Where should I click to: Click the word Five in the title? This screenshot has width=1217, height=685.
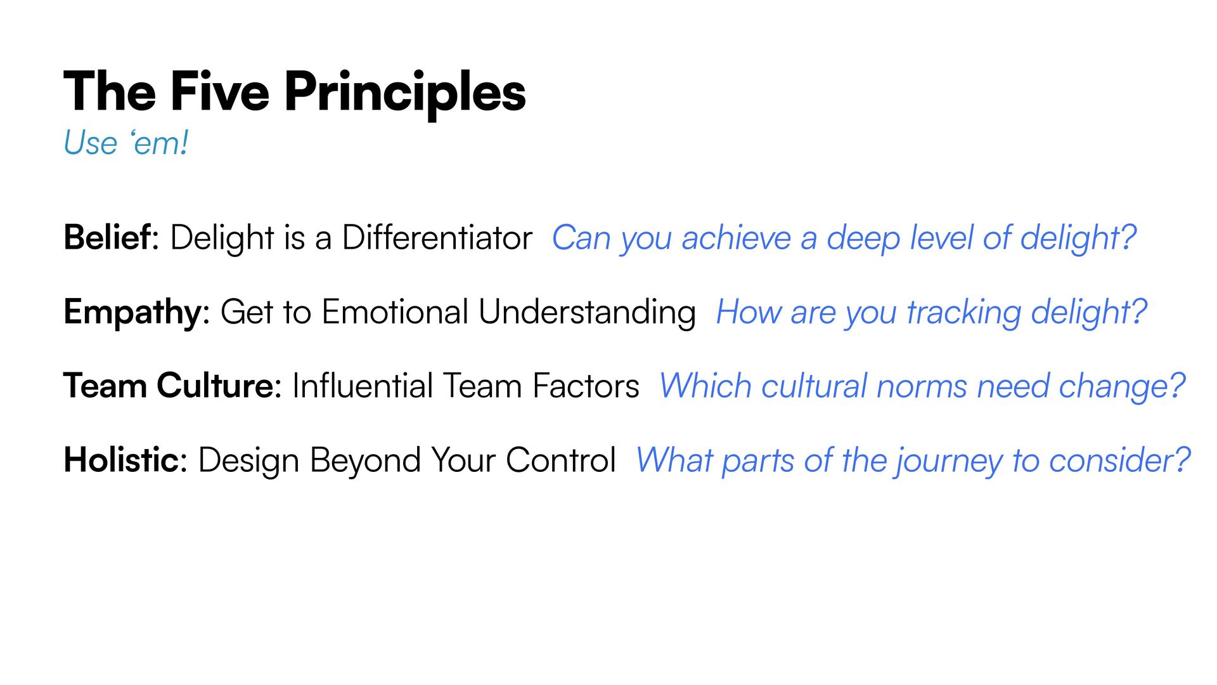[220, 92]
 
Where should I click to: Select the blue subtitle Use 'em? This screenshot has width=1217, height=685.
[126, 143]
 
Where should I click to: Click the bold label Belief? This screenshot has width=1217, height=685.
[108, 237]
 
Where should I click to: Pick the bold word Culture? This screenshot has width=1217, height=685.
[216, 386]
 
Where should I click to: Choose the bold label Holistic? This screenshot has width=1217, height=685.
[122, 460]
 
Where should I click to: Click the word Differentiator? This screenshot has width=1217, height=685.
[437, 238]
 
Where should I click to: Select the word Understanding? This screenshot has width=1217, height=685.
[587, 314]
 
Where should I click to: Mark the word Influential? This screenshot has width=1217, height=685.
[362, 386]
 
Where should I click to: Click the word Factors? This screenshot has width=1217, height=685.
[586, 386]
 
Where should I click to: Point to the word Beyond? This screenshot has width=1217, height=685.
[365, 462]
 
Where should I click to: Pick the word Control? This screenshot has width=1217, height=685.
[560, 460]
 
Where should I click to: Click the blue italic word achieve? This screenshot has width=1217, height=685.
[737, 238]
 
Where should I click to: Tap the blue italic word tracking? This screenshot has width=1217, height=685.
[963, 314]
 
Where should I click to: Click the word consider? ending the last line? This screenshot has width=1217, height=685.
[1120, 460]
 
